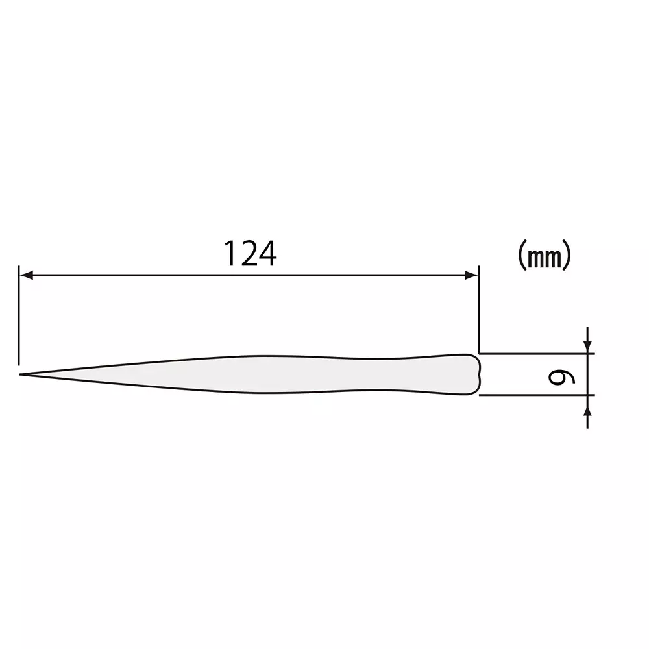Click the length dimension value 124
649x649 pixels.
[x=251, y=254]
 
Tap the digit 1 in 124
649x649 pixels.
[x=230, y=254]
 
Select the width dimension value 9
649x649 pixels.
[x=557, y=374]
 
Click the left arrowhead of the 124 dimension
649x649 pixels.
[x=26, y=276]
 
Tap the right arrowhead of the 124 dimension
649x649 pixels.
[x=472, y=276]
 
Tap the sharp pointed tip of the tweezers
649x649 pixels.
[x=21, y=374]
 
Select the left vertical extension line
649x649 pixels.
[x=19, y=318]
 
